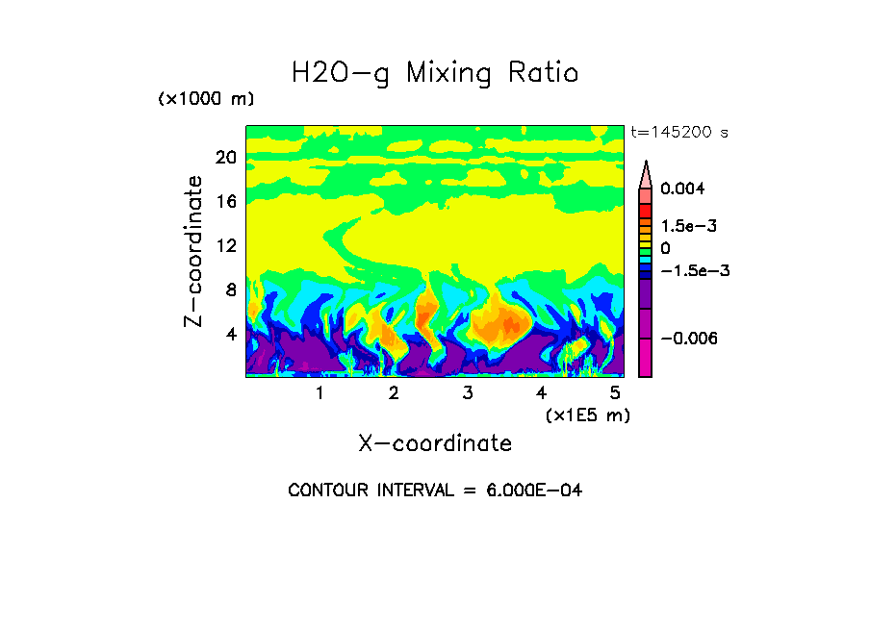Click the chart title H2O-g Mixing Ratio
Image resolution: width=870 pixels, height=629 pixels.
point(435,73)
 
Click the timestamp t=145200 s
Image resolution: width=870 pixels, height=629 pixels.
point(678,133)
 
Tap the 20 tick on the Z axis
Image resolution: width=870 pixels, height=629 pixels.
point(226,158)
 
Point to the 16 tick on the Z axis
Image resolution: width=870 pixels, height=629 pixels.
point(226,202)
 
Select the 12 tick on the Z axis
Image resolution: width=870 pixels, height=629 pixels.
point(226,246)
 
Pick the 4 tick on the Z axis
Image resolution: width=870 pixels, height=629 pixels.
point(231,335)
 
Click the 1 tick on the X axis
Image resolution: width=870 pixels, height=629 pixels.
point(320,393)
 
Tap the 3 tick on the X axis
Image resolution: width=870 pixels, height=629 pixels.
point(467,393)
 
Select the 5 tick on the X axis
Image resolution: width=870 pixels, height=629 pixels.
point(614,393)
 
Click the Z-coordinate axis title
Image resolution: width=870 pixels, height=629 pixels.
point(194,251)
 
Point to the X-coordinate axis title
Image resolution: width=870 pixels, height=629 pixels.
point(435,443)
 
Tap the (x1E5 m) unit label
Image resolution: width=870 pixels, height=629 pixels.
point(587,415)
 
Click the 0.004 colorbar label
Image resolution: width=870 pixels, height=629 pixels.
point(682,189)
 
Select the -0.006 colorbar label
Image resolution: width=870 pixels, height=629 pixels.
point(689,339)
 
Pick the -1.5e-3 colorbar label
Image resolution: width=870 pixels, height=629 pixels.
point(695,270)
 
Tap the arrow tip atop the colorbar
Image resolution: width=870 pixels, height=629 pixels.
point(646,164)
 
